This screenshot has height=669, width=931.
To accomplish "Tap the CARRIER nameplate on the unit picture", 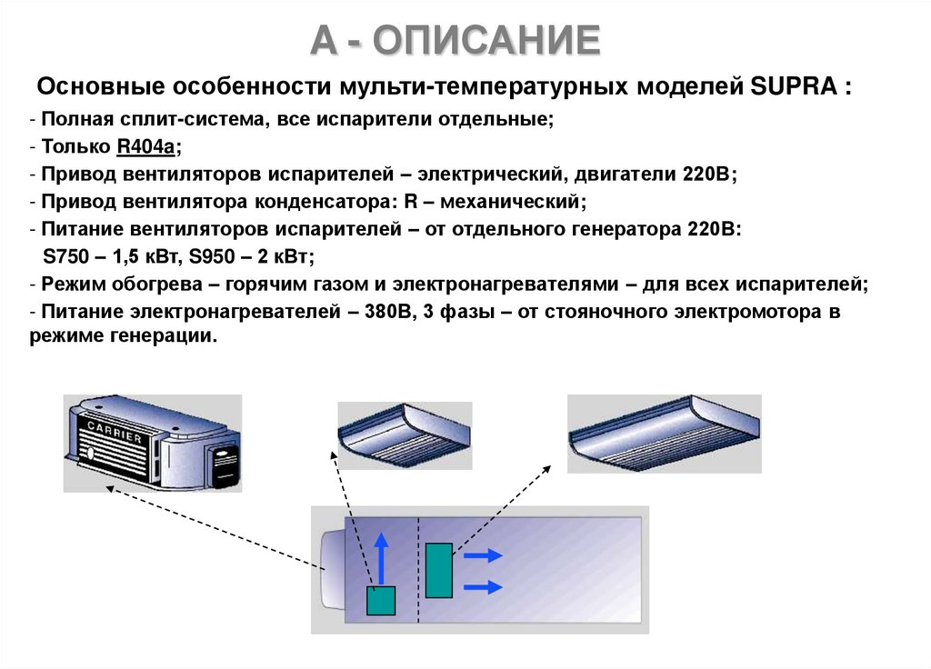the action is (115, 432).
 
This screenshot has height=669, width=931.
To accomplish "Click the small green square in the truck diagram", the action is (381, 601).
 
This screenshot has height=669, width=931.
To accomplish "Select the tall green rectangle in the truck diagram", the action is (438, 570).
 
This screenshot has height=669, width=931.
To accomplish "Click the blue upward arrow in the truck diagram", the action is (382, 556).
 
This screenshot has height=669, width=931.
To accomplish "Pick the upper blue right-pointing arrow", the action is (481, 554).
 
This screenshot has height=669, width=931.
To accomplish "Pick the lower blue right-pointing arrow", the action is (481, 586).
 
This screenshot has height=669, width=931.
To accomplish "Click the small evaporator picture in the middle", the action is (405, 434).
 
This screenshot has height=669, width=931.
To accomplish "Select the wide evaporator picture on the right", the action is (664, 433).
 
